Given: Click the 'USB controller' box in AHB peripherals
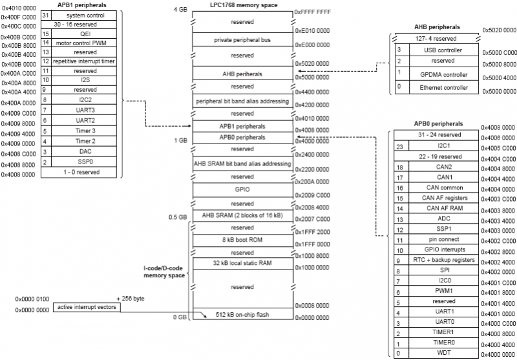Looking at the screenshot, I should pos(443,50).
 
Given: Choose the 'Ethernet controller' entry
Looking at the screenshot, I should pos(443,86).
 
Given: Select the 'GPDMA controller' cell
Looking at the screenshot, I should pos(443,74).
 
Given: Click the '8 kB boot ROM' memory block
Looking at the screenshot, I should pos(242,240).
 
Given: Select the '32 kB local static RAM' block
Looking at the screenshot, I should pos(242,263).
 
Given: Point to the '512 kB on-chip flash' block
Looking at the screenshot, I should pos(251,315).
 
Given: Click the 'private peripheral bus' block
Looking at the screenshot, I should pos(242,40).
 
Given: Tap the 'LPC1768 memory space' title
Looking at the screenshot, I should pos(244,6).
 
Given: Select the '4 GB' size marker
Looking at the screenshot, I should pos(180,10).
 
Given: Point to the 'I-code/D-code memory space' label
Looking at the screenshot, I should pos(164,271).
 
